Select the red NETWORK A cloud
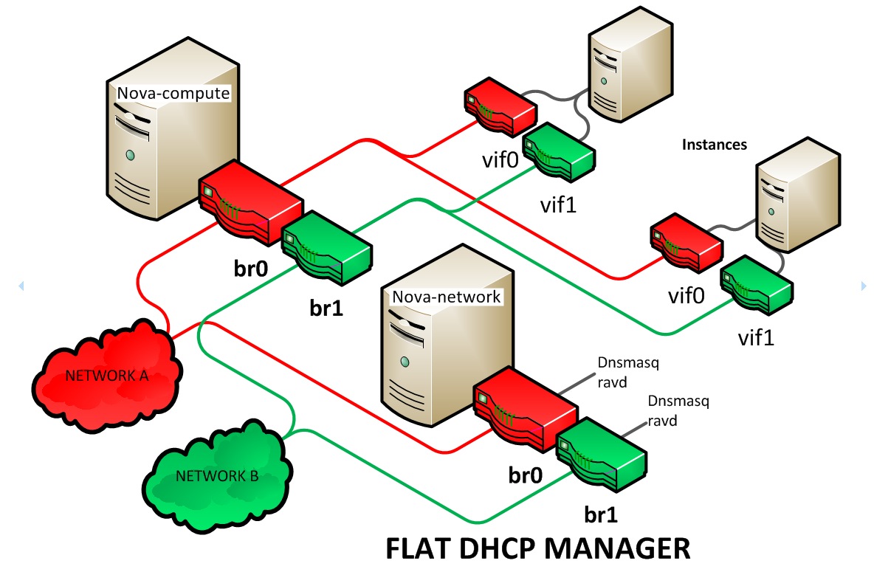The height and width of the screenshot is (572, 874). [108, 374]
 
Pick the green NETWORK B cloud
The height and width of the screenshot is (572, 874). [217, 475]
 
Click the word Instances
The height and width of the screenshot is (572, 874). [715, 145]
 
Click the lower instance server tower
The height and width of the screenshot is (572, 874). [797, 193]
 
